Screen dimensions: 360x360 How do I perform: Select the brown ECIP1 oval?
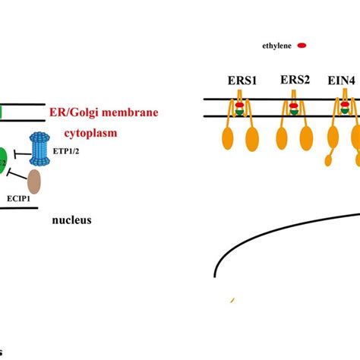coord(33,182)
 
